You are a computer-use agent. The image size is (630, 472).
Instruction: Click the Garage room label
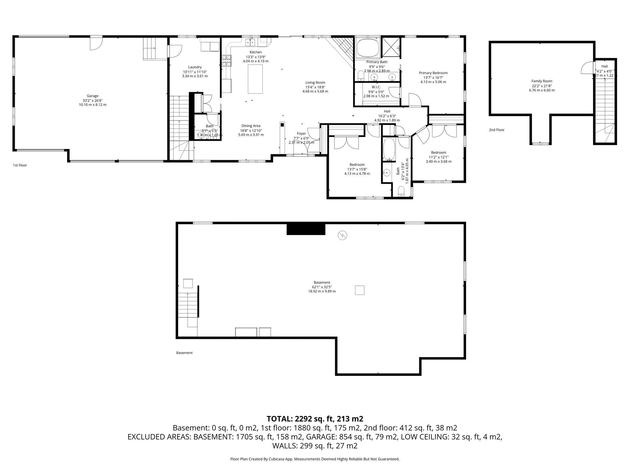pos(93,96)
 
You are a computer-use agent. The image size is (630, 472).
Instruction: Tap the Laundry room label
pos(195,67)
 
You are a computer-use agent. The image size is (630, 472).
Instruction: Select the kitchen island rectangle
pos(255,79)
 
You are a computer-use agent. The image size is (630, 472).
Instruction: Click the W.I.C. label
pos(376,87)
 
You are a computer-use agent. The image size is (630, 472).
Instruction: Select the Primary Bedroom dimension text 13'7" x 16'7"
pos(433,77)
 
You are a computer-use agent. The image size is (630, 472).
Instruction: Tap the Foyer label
pos(301,133)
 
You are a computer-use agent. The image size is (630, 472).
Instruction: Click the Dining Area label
pos(251,126)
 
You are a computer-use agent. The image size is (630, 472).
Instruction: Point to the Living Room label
pos(315,82)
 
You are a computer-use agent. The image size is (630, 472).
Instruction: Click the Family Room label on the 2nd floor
pos(542,81)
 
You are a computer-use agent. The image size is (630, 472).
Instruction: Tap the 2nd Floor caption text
pos(496,130)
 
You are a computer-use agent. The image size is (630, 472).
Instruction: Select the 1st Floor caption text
pos(20,165)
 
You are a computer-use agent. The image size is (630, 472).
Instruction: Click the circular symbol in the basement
pos(342,236)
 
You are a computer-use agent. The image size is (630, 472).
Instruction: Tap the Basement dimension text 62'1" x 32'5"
pos(322,287)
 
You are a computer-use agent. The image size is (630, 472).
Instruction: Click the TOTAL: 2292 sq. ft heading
pos(315,419)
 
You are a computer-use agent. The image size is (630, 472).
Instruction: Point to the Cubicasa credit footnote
pos(315,459)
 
